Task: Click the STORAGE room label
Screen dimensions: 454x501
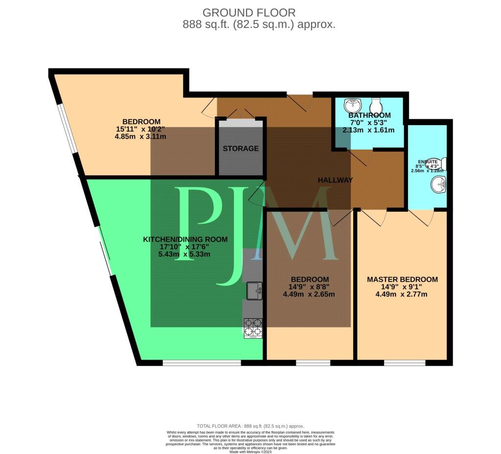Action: coord(241,148)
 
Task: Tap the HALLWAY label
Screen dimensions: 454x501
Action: coord(335,180)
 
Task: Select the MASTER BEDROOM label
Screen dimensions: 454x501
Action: coord(402,279)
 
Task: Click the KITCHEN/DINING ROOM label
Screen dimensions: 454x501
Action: coord(185,239)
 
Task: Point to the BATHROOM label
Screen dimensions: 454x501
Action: coord(369,116)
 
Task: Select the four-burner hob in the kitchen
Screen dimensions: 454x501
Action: coord(253,328)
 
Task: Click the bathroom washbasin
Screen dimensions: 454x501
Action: coord(352,105)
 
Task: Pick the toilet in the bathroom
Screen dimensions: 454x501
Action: coord(376,105)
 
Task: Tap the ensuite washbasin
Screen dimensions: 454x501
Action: coord(438,185)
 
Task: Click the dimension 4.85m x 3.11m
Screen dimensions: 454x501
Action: coord(140,136)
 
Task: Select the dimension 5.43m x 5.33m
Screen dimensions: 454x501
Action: coord(185,254)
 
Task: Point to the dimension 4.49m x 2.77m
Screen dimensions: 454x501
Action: coord(402,295)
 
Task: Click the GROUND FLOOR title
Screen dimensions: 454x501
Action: coord(249,13)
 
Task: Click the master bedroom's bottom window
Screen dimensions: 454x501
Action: coord(404,363)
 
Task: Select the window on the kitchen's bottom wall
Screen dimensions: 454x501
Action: coord(202,363)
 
